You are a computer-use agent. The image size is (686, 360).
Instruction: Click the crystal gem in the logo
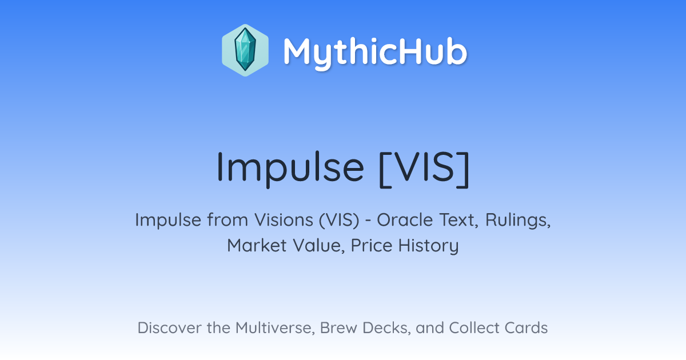point(245,50)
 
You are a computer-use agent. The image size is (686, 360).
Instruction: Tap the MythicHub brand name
point(375,52)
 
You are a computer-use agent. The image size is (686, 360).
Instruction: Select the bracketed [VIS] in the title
point(424,169)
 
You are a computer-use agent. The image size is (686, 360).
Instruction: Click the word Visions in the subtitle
point(284,219)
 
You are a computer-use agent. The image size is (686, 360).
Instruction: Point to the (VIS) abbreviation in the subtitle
point(339,220)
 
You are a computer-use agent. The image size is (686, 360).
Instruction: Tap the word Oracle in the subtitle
point(405,219)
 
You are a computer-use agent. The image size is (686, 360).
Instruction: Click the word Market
point(257,245)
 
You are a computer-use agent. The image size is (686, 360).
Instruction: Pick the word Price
point(372,245)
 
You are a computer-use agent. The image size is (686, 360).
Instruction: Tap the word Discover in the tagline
point(169,327)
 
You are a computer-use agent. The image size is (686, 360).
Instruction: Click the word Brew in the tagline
point(338,327)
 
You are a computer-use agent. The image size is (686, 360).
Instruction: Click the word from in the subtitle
point(228,219)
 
